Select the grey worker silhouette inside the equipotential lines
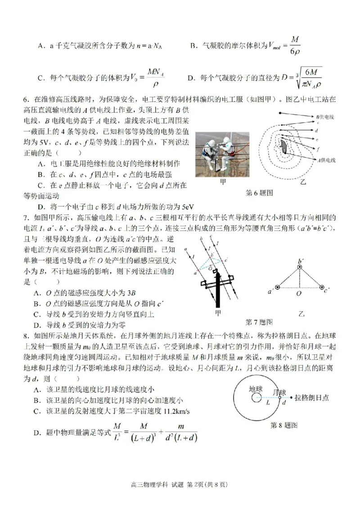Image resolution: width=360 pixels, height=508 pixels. coord(283,147)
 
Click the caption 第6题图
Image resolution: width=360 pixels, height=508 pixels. coord(260,193)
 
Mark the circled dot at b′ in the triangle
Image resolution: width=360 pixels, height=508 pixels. coord(300,267)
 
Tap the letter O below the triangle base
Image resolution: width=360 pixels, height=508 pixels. coord(299,294)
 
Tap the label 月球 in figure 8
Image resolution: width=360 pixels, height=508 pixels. coord(279,391)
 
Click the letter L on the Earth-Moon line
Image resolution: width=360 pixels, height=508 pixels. coord(268,403)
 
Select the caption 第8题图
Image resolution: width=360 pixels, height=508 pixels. coord(283,425)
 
